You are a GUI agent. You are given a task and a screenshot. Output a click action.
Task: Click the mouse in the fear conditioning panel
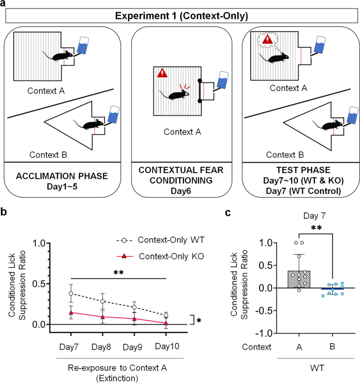tap(176, 94)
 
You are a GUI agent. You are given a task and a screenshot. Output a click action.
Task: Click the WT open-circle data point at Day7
tap(71, 293)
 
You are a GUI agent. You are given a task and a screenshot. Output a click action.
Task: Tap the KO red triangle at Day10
tap(166, 323)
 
